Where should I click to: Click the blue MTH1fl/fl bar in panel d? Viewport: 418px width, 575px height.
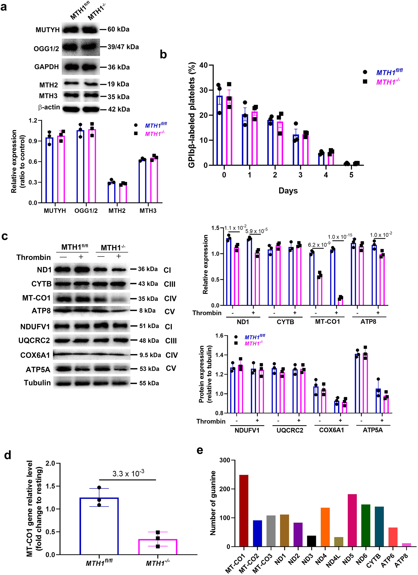(x=99, y=526)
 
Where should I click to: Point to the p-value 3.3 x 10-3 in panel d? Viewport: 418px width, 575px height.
(x=128, y=473)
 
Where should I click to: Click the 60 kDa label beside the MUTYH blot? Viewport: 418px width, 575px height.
(x=118, y=29)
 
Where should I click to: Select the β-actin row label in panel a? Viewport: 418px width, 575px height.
(x=49, y=108)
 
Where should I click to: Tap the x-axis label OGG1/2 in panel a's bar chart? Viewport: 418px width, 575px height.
(x=86, y=211)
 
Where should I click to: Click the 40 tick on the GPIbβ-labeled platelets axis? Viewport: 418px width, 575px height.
(x=204, y=65)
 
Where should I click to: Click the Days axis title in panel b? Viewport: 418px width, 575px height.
(x=288, y=191)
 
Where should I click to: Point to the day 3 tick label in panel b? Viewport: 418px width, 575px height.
(x=300, y=175)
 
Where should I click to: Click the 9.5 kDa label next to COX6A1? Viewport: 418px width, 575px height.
(x=150, y=355)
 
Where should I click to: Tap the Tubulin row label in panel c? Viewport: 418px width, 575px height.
(x=37, y=383)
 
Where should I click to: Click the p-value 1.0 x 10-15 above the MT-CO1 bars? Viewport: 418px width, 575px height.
(x=340, y=237)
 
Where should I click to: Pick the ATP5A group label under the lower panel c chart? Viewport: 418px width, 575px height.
(x=373, y=430)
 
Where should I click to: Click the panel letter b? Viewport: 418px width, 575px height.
(x=163, y=54)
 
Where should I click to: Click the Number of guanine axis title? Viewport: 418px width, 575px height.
(x=213, y=503)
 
